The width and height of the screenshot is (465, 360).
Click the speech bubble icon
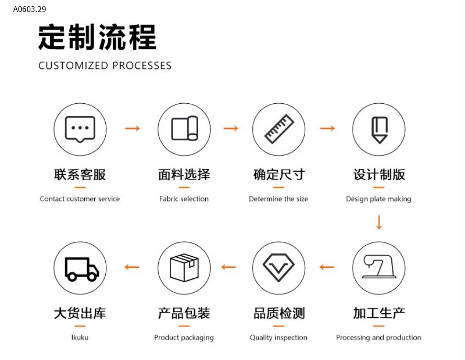pyautogui.click(x=80, y=129)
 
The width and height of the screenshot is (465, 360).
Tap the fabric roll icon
pyautogui.click(x=184, y=129)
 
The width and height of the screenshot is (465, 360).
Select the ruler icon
pyautogui.click(x=278, y=129)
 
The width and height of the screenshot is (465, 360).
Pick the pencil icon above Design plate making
pyautogui.click(x=379, y=129)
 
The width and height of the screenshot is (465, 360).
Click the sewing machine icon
pyautogui.click(x=379, y=268)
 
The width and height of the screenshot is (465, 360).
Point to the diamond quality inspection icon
pyautogui.click(x=278, y=268)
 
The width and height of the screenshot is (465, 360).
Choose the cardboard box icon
pyautogui.click(x=184, y=268)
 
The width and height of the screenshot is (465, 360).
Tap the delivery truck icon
pyautogui.click(x=80, y=268)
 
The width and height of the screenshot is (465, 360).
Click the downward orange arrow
pyautogui.click(x=379, y=222)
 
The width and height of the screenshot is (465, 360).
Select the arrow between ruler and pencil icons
pyautogui.click(x=328, y=128)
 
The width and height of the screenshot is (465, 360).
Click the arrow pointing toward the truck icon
pyautogui.click(x=132, y=267)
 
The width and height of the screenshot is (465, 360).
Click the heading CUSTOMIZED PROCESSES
pyautogui.click(x=105, y=65)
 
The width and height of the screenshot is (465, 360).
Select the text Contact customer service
pyautogui.click(x=80, y=199)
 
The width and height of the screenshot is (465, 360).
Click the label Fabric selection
pyautogui.click(x=184, y=199)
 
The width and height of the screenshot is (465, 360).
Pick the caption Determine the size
pyautogui.click(x=278, y=199)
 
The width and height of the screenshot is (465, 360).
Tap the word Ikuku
pyautogui.click(x=80, y=338)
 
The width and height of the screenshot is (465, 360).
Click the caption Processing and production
pyautogui.click(x=379, y=338)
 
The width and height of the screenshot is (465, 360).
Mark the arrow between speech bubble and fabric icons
pyautogui.click(x=133, y=128)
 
